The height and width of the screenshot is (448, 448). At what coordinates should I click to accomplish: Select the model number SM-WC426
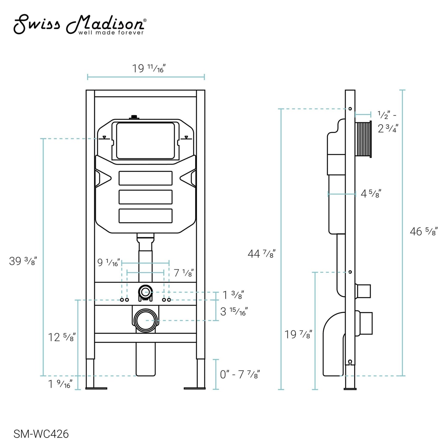(x=41, y=434)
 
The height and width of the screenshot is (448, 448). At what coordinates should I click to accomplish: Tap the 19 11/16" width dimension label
(x=149, y=68)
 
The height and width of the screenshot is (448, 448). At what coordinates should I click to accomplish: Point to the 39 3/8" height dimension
(x=23, y=261)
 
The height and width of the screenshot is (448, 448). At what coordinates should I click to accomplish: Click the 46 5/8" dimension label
(x=423, y=231)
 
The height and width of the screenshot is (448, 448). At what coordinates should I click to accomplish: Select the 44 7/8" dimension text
(x=261, y=254)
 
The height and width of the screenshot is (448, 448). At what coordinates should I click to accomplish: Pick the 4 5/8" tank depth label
(x=371, y=194)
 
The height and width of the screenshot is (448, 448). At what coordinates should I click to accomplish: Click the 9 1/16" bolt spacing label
(x=108, y=263)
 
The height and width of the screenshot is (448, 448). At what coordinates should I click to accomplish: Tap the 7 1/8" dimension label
(x=184, y=273)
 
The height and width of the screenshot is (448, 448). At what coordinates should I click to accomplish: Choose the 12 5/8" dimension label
(x=62, y=337)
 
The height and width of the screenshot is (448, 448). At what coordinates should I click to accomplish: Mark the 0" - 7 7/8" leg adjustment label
(x=240, y=375)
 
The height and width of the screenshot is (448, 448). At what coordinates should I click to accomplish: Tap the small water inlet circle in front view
(x=145, y=292)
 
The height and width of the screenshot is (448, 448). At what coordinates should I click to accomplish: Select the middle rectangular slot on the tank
(x=145, y=197)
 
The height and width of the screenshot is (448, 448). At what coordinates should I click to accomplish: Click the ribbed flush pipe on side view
(x=363, y=139)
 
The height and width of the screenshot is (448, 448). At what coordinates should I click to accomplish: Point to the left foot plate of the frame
(x=96, y=388)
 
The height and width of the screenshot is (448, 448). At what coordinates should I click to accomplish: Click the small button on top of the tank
(x=134, y=117)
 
